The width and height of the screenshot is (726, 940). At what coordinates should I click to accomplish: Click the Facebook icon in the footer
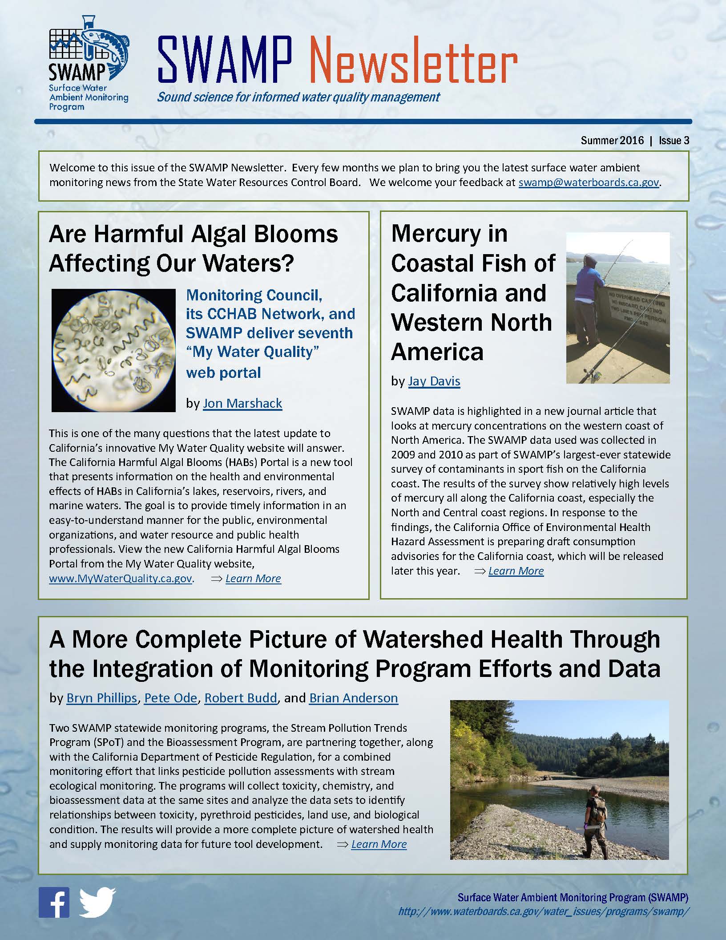(54, 902)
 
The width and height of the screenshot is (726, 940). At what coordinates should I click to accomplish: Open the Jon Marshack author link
(242, 403)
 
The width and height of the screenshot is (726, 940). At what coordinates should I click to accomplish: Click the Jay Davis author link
(434, 381)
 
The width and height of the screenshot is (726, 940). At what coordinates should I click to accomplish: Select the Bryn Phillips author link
(101, 698)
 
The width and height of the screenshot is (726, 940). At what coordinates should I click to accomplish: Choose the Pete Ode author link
(170, 698)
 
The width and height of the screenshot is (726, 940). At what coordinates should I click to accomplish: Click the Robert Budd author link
(241, 698)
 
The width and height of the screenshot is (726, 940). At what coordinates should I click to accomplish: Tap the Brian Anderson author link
(354, 698)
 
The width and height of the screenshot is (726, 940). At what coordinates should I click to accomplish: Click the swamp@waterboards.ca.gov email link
(589, 182)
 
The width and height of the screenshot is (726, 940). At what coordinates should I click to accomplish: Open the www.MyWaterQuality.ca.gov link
(121, 579)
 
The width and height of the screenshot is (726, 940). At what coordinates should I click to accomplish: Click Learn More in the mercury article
(516, 571)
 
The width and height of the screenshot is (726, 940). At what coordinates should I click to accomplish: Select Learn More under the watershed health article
(379, 844)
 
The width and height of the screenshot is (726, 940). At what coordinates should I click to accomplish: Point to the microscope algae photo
(114, 350)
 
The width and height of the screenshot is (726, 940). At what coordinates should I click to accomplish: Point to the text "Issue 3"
(674, 141)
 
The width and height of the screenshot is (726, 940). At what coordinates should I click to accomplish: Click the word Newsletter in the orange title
(412, 62)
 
